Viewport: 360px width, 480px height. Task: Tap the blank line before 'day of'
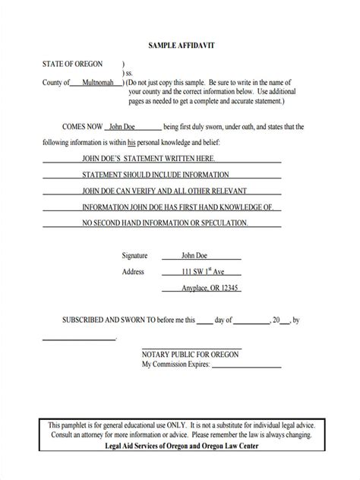(x=205, y=322)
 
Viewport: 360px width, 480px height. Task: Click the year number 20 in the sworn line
(x=277, y=321)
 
